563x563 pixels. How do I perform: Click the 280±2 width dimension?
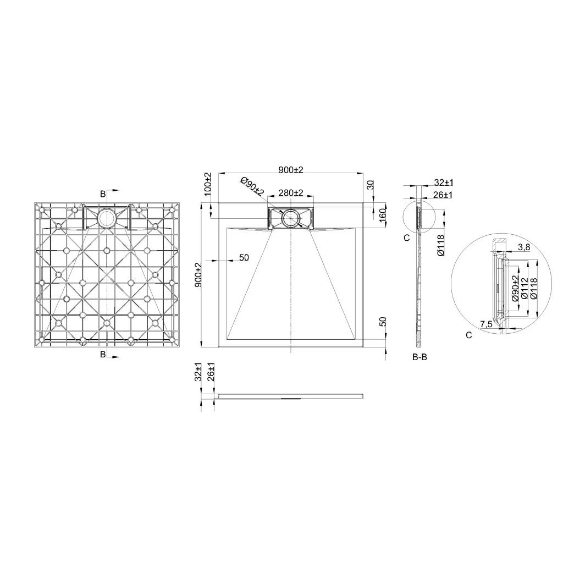point(291,193)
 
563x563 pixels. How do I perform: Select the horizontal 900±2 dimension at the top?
point(291,169)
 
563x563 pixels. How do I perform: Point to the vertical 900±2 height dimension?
point(198,275)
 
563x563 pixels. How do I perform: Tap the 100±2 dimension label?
point(208,184)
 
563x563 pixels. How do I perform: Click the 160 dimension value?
point(383,214)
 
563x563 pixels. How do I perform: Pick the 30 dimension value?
point(371,185)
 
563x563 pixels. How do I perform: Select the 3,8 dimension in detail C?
point(524,247)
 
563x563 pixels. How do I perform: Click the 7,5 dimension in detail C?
point(486,324)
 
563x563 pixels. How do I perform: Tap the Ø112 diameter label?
point(524,288)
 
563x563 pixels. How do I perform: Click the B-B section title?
point(420,357)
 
